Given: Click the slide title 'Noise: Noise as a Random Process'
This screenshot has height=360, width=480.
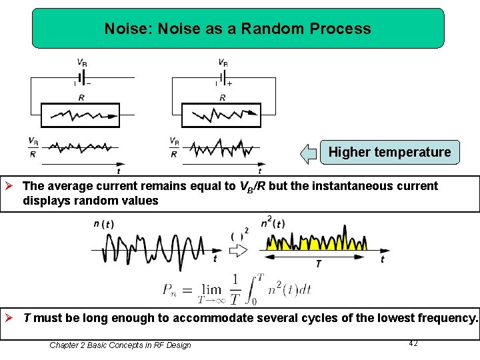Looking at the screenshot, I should pos(238,29).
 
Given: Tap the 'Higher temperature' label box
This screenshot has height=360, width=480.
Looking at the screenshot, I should pos(389,152).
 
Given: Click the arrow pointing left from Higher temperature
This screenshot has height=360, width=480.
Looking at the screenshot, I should pos(308,153).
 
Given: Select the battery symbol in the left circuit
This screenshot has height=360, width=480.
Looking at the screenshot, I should pos(81,78).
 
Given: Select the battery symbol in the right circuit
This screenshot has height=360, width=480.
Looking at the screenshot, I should pos(222,78).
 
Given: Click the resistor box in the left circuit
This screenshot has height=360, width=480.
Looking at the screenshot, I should pos(80,115).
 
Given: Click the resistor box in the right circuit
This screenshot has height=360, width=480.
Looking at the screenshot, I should pos(221,115).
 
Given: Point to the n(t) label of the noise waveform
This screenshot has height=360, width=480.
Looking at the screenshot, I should pos(103,224).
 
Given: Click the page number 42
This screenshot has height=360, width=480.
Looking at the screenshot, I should pos(413,343).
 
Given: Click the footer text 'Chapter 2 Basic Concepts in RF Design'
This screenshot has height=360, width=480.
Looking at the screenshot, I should pos(120,345).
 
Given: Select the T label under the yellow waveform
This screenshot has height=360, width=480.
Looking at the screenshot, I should pos(318,264).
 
